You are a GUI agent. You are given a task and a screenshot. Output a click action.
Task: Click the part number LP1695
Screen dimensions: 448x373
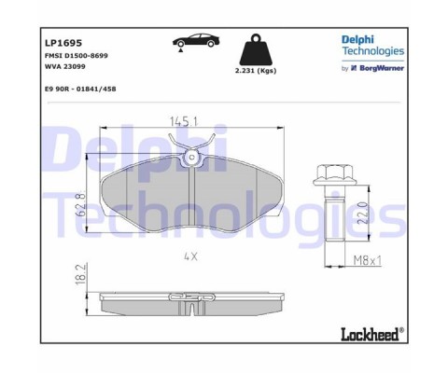coord(63,43)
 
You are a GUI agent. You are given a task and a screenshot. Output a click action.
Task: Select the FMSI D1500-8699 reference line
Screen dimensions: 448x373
coord(77,56)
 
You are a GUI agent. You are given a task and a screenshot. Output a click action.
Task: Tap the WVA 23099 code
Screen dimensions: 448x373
coord(65,66)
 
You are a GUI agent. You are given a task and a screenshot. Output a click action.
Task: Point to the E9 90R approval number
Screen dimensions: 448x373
coord(80,89)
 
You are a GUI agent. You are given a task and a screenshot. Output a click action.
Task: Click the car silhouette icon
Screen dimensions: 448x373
coord(196,40)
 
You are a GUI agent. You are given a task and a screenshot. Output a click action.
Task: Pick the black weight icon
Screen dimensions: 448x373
coord(256,49)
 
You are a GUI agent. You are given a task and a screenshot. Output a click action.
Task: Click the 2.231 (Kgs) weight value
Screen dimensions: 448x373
coord(256,71)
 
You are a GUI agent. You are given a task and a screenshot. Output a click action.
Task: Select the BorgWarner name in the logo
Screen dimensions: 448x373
coord(382,68)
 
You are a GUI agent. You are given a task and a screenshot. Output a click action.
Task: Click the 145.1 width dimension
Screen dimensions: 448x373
coord(184,121)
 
